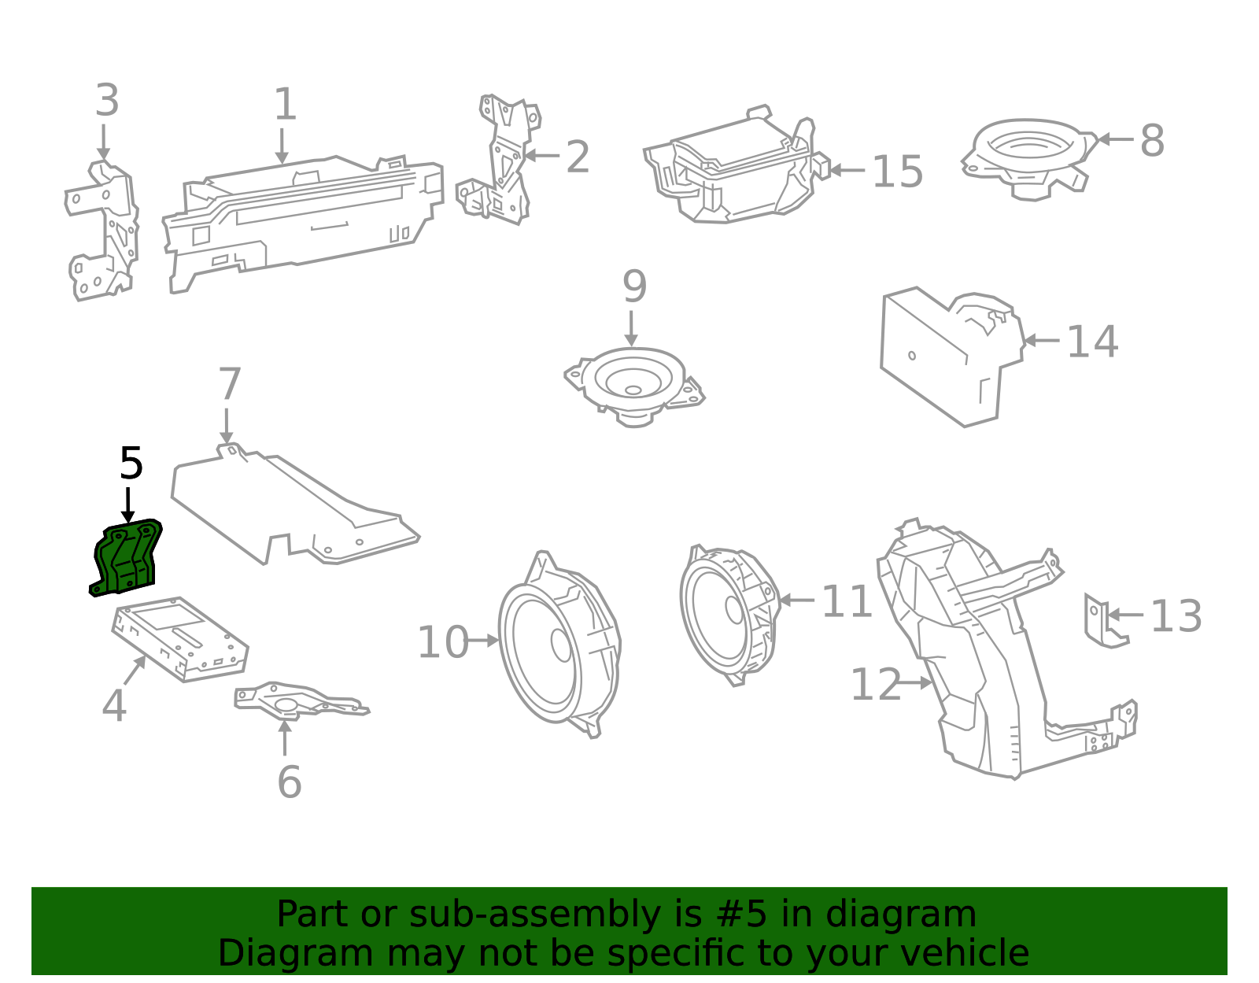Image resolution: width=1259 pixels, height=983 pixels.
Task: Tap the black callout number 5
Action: [x=131, y=464]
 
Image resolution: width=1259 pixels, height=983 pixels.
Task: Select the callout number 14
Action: [x=1092, y=342]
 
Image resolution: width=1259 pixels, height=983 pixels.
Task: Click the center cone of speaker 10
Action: [x=561, y=644]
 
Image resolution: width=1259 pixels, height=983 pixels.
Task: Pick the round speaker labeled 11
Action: [x=728, y=610]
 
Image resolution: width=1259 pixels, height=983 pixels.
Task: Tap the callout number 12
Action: [x=875, y=685]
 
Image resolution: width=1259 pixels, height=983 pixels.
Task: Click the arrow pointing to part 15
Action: [x=847, y=170]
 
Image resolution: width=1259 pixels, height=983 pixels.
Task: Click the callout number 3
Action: [x=107, y=101]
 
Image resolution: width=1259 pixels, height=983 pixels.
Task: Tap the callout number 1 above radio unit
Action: [x=285, y=105]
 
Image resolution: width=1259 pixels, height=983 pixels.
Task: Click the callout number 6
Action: [x=290, y=782]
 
